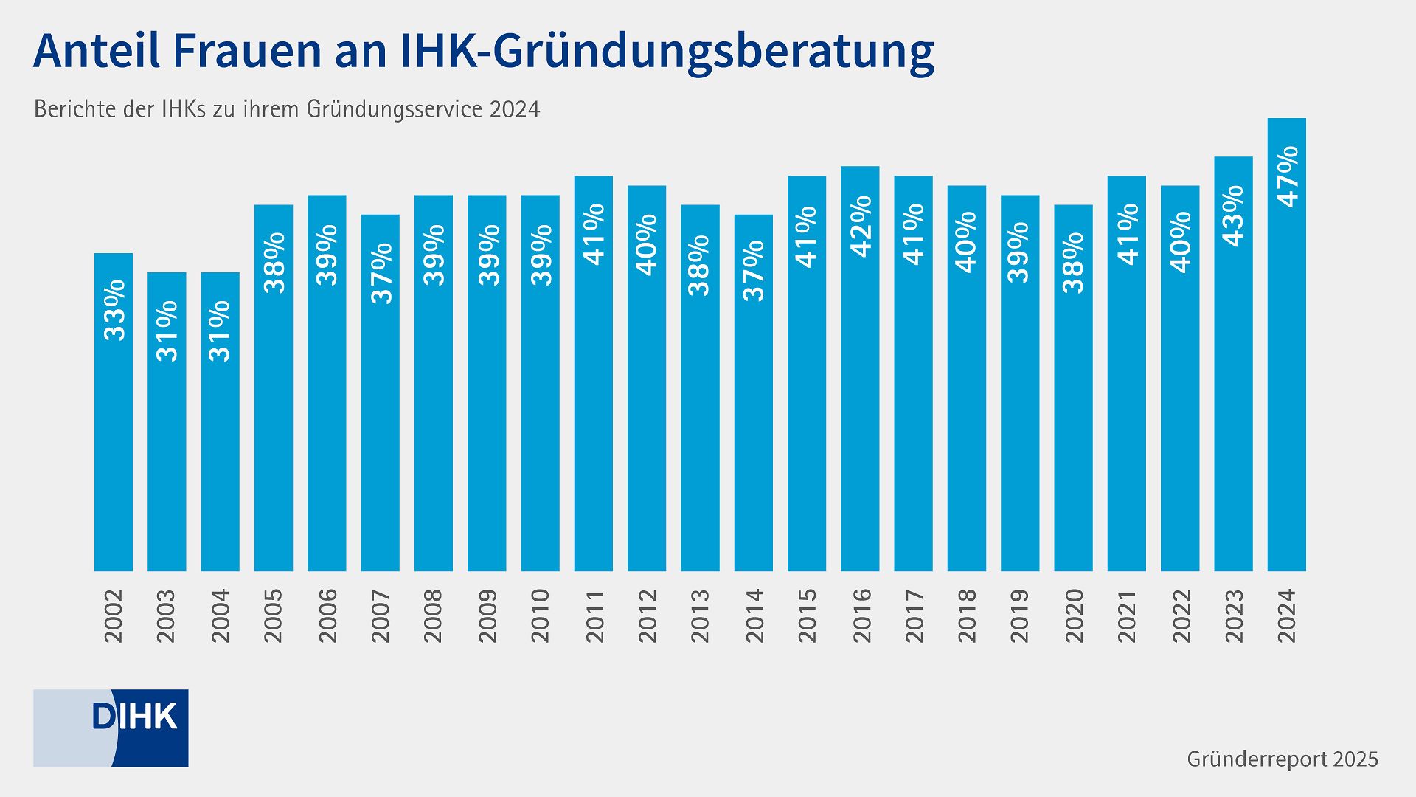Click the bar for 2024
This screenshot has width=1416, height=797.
(x=1286, y=384)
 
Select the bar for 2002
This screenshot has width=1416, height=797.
(x=114, y=443)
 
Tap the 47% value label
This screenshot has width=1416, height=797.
(x=1288, y=177)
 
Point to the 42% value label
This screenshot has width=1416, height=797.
(x=861, y=226)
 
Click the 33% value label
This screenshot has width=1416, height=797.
(x=114, y=310)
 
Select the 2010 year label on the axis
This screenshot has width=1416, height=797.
(x=541, y=615)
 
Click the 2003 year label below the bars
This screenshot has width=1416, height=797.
(x=167, y=615)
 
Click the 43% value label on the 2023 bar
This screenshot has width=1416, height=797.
(x=1233, y=215)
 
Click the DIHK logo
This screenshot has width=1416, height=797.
(x=111, y=728)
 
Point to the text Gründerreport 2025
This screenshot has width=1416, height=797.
(x=1282, y=759)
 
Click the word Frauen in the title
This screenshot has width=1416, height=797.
(x=244, y=52)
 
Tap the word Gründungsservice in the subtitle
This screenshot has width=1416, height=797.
(x=394, y=109)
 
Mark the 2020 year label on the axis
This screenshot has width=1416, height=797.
(x=1074, y=615)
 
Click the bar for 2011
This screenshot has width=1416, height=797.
(x=594, y=413)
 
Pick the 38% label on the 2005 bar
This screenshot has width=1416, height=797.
(x=274, y=263)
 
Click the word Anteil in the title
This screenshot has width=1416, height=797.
(x=94, y=52)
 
